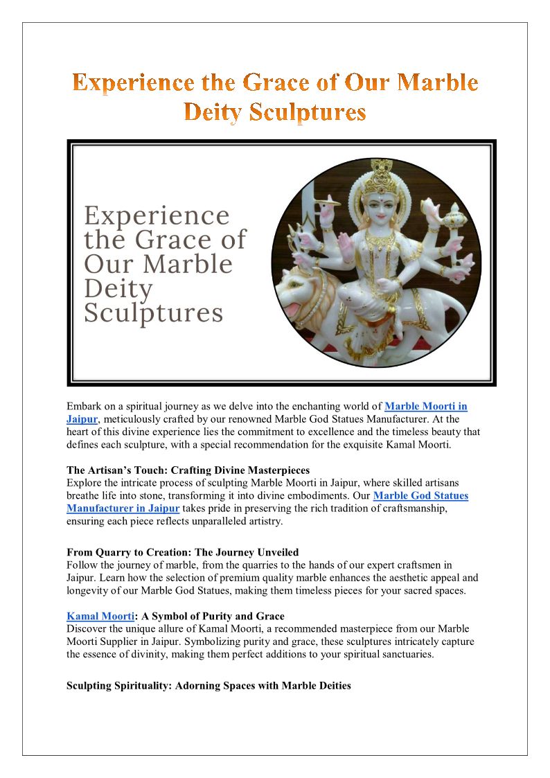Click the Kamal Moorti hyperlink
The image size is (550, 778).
click(100, 616)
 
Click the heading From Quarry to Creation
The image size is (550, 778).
click(182, 552)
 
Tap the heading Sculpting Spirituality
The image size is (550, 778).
click(209, 685)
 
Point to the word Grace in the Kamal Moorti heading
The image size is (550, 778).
click(269, 616)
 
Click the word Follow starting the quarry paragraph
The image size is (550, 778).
click(82, 565)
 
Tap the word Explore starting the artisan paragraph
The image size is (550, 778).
click(85, 483)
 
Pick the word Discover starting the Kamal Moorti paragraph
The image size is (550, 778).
click(87, 628)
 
